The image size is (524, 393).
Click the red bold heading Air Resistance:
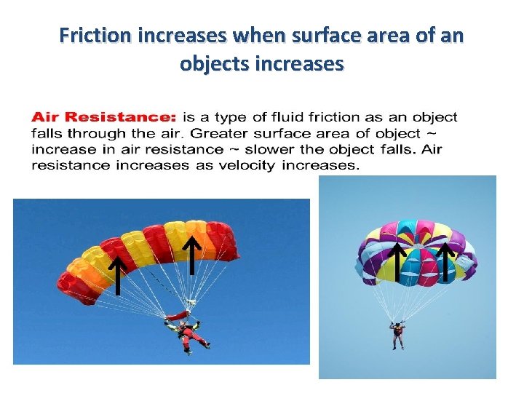(x=103, y=116)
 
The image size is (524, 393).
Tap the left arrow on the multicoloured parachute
(x=397, y=262)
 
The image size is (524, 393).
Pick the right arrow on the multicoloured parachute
(x=445, y=262)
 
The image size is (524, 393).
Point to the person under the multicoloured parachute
(x=397, y=335)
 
